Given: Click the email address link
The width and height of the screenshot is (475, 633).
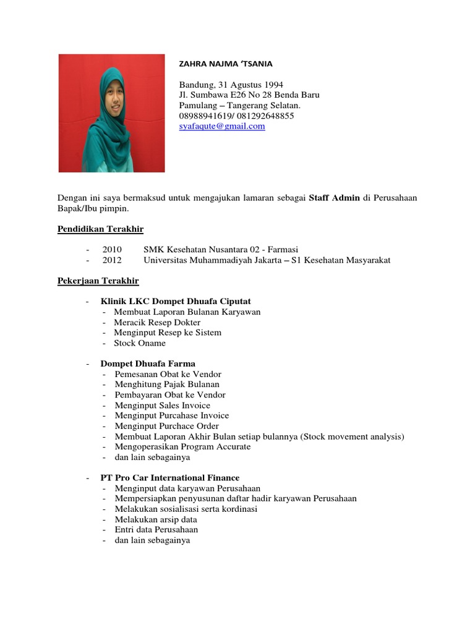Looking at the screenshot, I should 222,126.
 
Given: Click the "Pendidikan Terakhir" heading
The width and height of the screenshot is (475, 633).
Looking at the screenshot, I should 100,229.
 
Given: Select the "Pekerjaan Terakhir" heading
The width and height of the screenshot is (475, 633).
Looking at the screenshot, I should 98,281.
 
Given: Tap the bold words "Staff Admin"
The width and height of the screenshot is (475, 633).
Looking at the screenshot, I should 334,198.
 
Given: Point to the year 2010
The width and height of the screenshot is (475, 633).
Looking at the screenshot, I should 113,249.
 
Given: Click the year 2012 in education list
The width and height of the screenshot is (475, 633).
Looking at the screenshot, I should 113,260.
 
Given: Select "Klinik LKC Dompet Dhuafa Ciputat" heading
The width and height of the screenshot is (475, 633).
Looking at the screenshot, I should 176,301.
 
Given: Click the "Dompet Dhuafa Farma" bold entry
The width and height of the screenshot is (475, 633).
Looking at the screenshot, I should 148,363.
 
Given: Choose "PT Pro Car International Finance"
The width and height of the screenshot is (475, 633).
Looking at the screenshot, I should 170,478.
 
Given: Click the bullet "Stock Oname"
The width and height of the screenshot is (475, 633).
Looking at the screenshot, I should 140,343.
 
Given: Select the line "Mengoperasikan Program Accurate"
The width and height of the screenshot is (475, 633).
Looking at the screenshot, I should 182,447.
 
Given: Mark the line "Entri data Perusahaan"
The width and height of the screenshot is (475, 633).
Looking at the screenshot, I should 156,530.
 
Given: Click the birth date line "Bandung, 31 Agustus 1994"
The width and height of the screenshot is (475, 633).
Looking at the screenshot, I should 231,84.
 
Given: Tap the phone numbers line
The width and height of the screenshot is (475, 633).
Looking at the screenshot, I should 236,116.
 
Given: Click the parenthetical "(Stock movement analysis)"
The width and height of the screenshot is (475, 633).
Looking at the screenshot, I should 352,436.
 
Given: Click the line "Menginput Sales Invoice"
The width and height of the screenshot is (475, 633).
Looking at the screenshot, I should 162,406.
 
